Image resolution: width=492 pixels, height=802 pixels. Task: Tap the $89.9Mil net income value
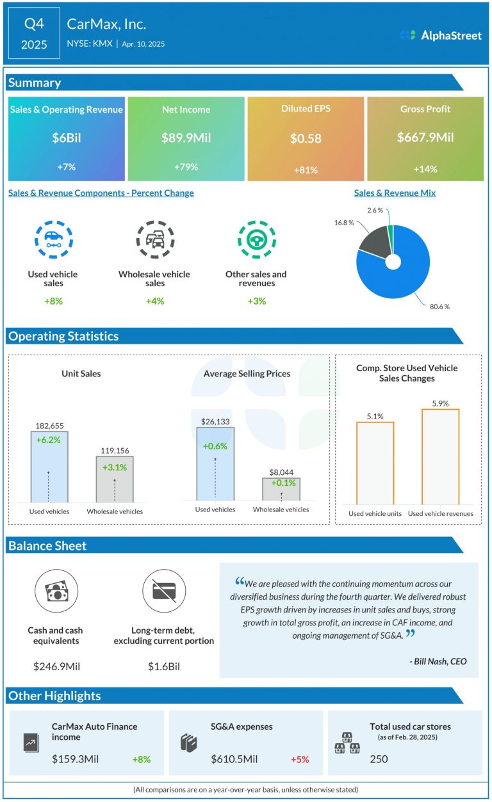186,138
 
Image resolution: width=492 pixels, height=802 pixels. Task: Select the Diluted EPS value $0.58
306,138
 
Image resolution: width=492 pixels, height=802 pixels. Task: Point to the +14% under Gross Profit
425,169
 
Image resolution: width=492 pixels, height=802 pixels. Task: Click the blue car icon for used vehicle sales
53,239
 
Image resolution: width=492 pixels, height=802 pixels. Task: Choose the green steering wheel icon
256,239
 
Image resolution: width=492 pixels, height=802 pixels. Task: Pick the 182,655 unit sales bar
49,467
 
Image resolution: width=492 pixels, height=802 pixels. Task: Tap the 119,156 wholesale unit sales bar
115,479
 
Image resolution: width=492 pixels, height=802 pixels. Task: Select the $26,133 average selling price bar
215,463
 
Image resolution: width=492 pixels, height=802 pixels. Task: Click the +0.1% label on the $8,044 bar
281,483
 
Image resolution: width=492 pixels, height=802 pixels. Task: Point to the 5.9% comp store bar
440,456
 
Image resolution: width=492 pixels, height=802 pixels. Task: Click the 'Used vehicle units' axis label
375,513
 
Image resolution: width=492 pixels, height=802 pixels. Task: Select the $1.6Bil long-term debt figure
163,666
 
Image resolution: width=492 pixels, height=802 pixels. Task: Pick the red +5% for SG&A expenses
300,759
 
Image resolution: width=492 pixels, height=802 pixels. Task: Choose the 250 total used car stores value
378,758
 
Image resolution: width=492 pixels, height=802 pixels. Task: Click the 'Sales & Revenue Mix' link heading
395,193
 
